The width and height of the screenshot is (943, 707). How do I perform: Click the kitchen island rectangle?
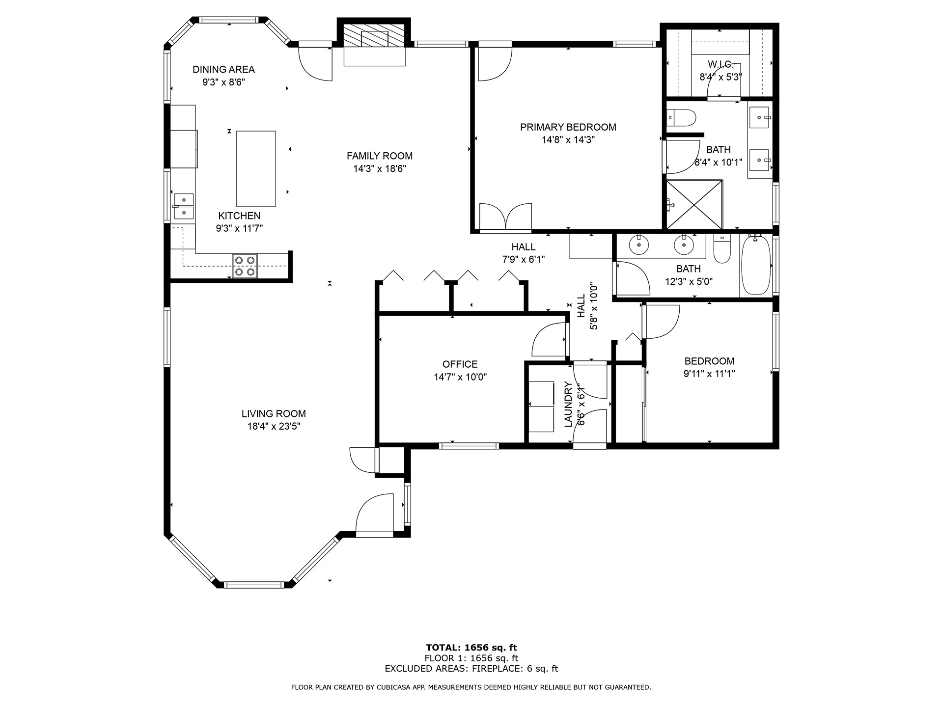(255, 168)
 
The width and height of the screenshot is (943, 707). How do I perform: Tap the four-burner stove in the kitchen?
(245, 266)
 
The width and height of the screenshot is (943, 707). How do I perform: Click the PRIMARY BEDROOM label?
(568, 127)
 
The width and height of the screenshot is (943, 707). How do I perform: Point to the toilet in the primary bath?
(683, 118)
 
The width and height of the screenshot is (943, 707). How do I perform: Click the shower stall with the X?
(694, 205)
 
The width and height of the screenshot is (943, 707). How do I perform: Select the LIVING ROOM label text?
(274, 414)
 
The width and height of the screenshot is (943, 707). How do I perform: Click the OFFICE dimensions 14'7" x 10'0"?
(460, 377)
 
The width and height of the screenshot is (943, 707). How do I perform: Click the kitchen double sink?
(184, 206)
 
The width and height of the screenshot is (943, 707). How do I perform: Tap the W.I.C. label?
(720, 64)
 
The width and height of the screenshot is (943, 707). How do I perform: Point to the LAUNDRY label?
(568, 404)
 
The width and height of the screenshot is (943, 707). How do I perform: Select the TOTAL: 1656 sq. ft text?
(471, 648)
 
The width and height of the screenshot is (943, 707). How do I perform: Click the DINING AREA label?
(223, 70)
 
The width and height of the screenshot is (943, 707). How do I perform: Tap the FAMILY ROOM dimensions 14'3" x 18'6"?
(379, 169)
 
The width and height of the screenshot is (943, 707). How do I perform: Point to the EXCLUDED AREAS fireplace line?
(471, 669)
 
